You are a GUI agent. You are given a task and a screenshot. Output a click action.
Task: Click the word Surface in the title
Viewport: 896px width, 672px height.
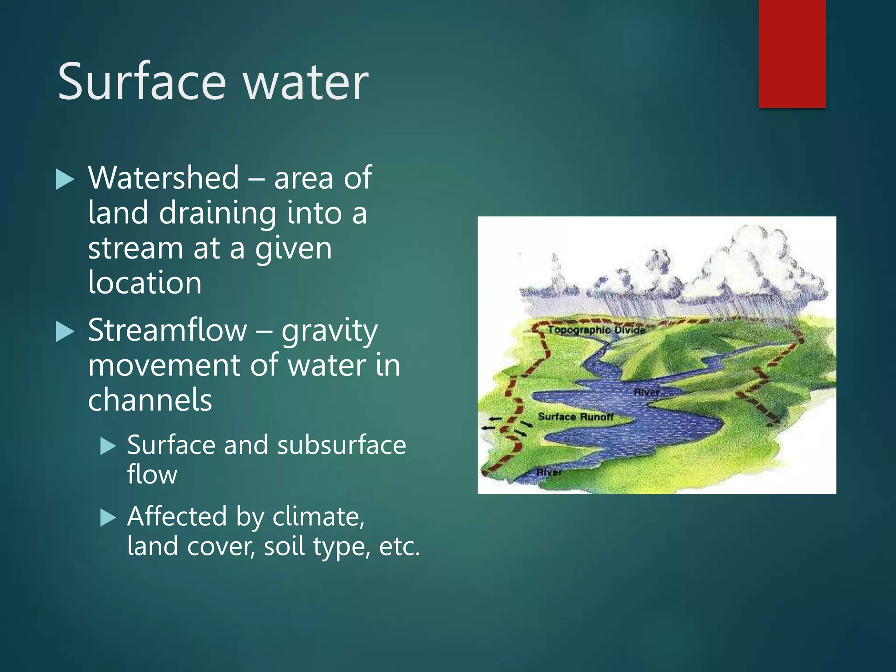[x=142, y=82]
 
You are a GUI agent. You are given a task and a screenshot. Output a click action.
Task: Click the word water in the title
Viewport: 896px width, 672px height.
[x=306, y=82]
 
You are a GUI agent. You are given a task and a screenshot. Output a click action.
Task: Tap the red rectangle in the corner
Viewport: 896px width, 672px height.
[x=792, y=53]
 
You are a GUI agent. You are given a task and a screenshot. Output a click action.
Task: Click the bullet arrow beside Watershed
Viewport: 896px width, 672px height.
[x=65, y=180]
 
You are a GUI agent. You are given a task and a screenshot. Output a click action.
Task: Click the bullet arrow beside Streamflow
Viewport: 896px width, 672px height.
[x=65, y=332]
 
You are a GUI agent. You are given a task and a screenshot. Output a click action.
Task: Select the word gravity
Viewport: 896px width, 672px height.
[x=329, y=332]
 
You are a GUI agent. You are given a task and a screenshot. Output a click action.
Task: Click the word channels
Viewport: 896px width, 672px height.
[x=150, y=400]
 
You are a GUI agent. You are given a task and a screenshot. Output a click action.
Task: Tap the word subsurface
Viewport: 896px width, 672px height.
[x=341, y=445]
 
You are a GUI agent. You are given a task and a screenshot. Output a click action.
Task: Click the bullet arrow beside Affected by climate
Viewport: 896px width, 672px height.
[x=108, y=518]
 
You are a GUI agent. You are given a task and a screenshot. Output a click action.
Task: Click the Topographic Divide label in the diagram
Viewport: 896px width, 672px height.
[x=596, y=330]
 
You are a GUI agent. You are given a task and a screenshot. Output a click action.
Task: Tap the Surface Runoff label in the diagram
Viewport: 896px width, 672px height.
[x=575, y=417]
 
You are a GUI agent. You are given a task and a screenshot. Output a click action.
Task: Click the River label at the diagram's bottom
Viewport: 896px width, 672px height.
[x=549, y=472]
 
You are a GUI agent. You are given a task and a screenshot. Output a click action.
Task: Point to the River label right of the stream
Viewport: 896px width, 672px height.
[x=647, y=392]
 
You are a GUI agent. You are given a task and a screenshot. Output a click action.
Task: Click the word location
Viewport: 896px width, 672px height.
[x=145, y=283]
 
